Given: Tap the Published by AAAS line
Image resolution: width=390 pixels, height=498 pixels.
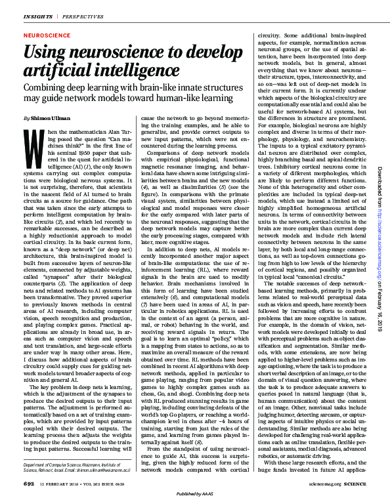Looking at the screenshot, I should coord(194,492).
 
